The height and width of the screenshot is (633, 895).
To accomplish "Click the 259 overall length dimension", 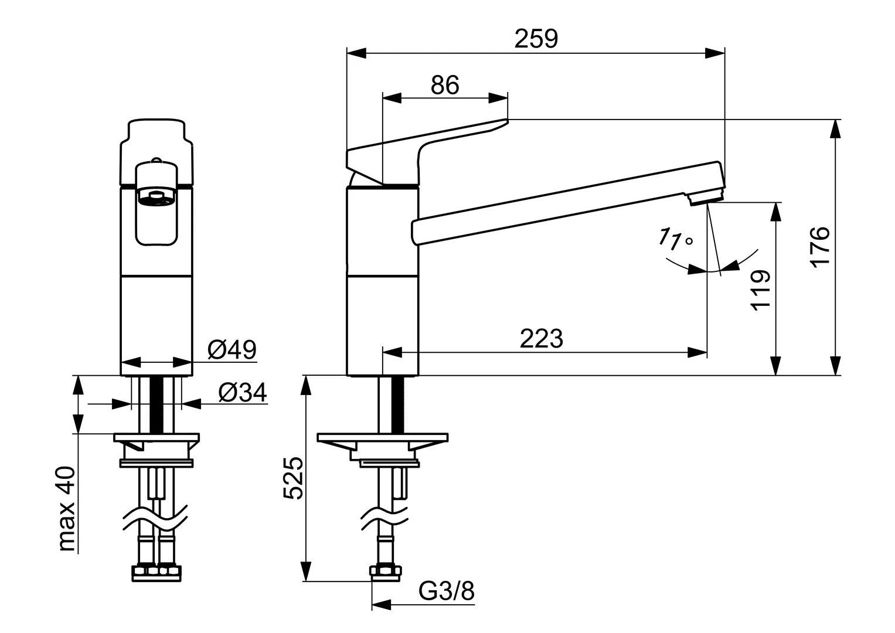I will (x=536, y=39).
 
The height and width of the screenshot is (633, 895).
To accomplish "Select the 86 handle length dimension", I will (x=445, y=86).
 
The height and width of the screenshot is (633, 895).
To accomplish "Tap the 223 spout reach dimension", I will (x=541, y=339).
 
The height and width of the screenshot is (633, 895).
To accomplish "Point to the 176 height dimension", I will (x=821, y=246).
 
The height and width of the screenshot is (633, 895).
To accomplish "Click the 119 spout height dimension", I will (x=760, y=290).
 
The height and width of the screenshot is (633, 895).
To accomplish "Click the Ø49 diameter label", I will (x=232, y=350).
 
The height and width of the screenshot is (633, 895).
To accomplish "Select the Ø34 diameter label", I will (x=243, y=393).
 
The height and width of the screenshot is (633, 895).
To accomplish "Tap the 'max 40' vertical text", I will (x=67, y=509).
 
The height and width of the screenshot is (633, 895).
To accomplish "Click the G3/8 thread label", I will (x=447, y=592).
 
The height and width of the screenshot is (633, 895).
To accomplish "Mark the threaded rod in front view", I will (x=156, y=404).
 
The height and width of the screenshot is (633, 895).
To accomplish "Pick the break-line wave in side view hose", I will (x=384, y=518).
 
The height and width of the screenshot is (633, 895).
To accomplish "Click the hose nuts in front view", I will (x=156, y=571).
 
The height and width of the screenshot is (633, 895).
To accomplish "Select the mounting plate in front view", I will (x=156, y=438).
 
